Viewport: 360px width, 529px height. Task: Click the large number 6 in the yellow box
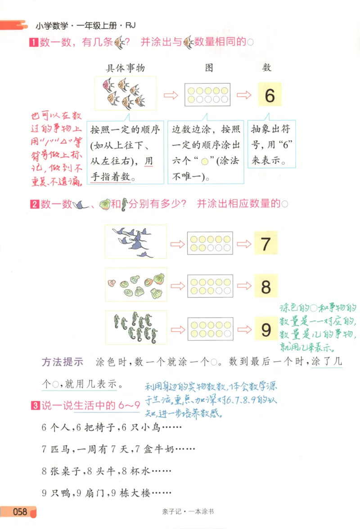point(270,95)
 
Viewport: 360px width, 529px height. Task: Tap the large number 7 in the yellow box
point(265,243)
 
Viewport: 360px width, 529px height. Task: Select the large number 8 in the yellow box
point(265,287)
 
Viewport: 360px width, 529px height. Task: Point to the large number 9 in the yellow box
point(265,330)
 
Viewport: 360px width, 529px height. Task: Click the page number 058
point(20,511)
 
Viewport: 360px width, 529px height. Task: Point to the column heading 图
point(209,68)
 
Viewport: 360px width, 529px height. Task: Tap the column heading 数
point(267,68)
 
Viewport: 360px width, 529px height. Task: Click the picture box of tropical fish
point(126,93)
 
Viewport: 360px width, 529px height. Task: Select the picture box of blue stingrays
point(136,242)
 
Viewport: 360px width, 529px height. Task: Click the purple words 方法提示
point(63,362)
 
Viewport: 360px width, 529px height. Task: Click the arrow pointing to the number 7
point(244,244)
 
